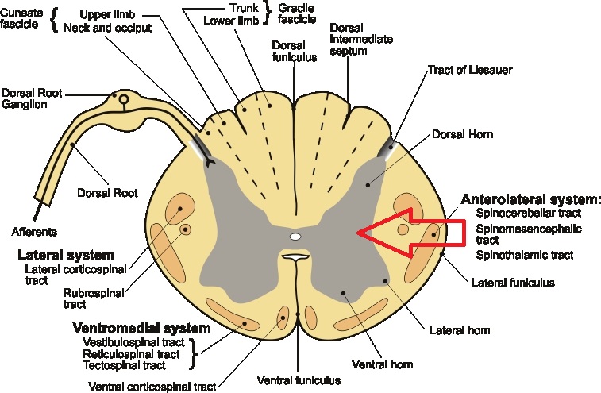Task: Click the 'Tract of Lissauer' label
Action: click(470, 70)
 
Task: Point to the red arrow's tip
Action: click(359, 233)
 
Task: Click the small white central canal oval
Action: click(295, 237)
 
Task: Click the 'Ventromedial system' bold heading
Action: click(141, 327)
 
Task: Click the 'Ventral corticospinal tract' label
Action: click(151, 387)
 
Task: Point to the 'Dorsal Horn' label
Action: click(464, 134)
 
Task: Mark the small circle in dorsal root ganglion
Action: click(123, 99)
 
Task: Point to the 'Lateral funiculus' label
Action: click(513, 281)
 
